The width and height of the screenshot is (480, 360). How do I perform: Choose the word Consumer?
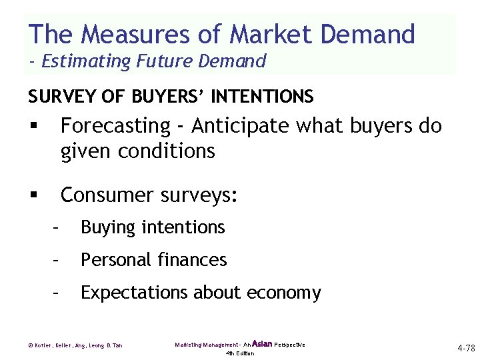[x=107, y=195]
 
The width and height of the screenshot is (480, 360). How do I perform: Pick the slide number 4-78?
[x=465, y=348]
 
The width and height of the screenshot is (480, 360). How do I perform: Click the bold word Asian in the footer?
[x=262, y=344]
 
